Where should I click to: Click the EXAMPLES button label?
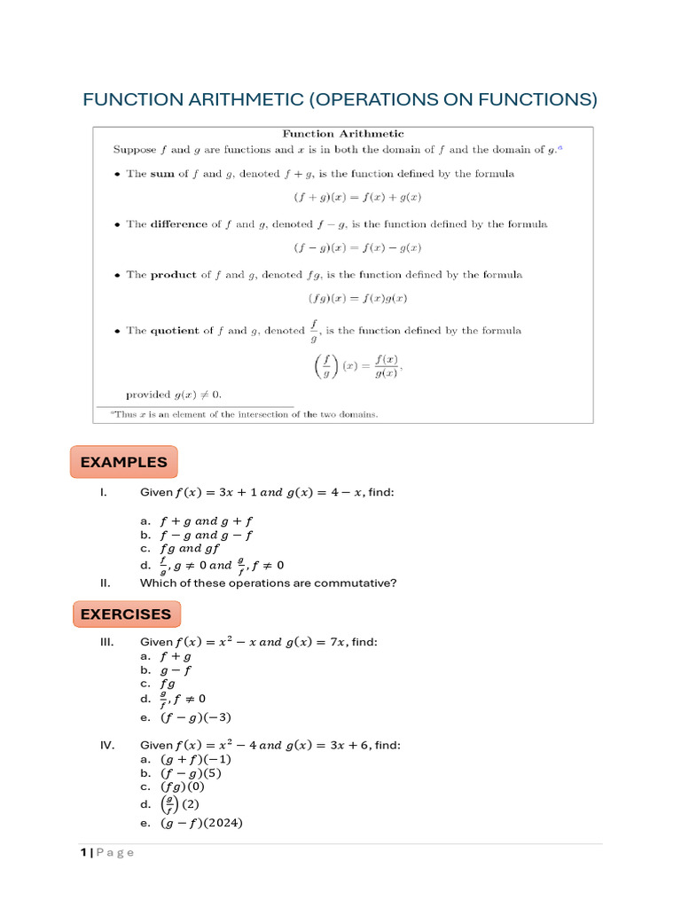pos(123,462)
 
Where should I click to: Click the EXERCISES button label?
pos(126,614)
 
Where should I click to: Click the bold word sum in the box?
pos(162,174)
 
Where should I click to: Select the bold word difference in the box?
pos(180,224)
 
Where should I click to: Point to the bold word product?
pos(174,275)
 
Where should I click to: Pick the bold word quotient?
pos(175,331)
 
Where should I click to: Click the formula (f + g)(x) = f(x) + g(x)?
pos(343,199)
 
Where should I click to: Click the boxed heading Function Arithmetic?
pos(342,133)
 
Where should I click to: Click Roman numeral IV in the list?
pos(107,746)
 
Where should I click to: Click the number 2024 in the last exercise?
pos(221,823)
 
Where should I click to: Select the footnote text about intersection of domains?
pos(245,414)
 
